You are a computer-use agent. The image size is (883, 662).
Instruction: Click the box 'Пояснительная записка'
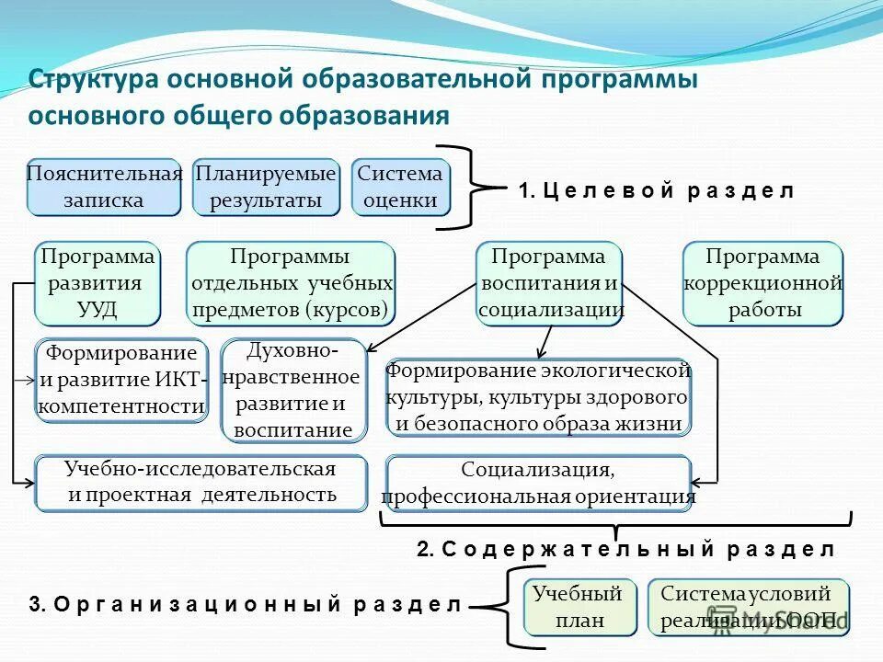click(104, 188)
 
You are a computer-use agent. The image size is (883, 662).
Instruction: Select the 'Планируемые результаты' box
click(266, 188)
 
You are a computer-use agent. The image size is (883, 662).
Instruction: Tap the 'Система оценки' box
click(400, 188)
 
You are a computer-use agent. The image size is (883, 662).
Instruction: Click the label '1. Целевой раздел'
click(656, 191)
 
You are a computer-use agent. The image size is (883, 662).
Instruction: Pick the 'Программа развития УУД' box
click(97, 283)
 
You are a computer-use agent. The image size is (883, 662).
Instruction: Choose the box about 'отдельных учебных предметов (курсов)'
click(291, 283)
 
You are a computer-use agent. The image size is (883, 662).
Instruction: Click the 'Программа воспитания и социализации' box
click(550, 283)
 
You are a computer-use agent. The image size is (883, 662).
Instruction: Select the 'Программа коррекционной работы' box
click(763, 283)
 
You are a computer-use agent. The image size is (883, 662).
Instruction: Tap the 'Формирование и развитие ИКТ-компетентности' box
click(122, 380)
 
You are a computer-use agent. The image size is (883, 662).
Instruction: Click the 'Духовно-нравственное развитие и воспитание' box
click(293, 391)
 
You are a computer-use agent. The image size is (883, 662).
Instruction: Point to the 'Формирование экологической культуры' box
click(538, 397)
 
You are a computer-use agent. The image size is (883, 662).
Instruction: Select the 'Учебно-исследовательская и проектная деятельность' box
click(201, 483)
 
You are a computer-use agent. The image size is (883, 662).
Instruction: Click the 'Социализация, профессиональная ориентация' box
click(538, 484)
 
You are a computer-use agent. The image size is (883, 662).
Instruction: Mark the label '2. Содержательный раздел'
click(625, 550)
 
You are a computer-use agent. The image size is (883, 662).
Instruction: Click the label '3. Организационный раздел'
click(245, 605)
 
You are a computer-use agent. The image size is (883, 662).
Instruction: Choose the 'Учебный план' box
click(579, 607)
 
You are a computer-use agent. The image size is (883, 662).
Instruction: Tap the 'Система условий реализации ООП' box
click(748, 607)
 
